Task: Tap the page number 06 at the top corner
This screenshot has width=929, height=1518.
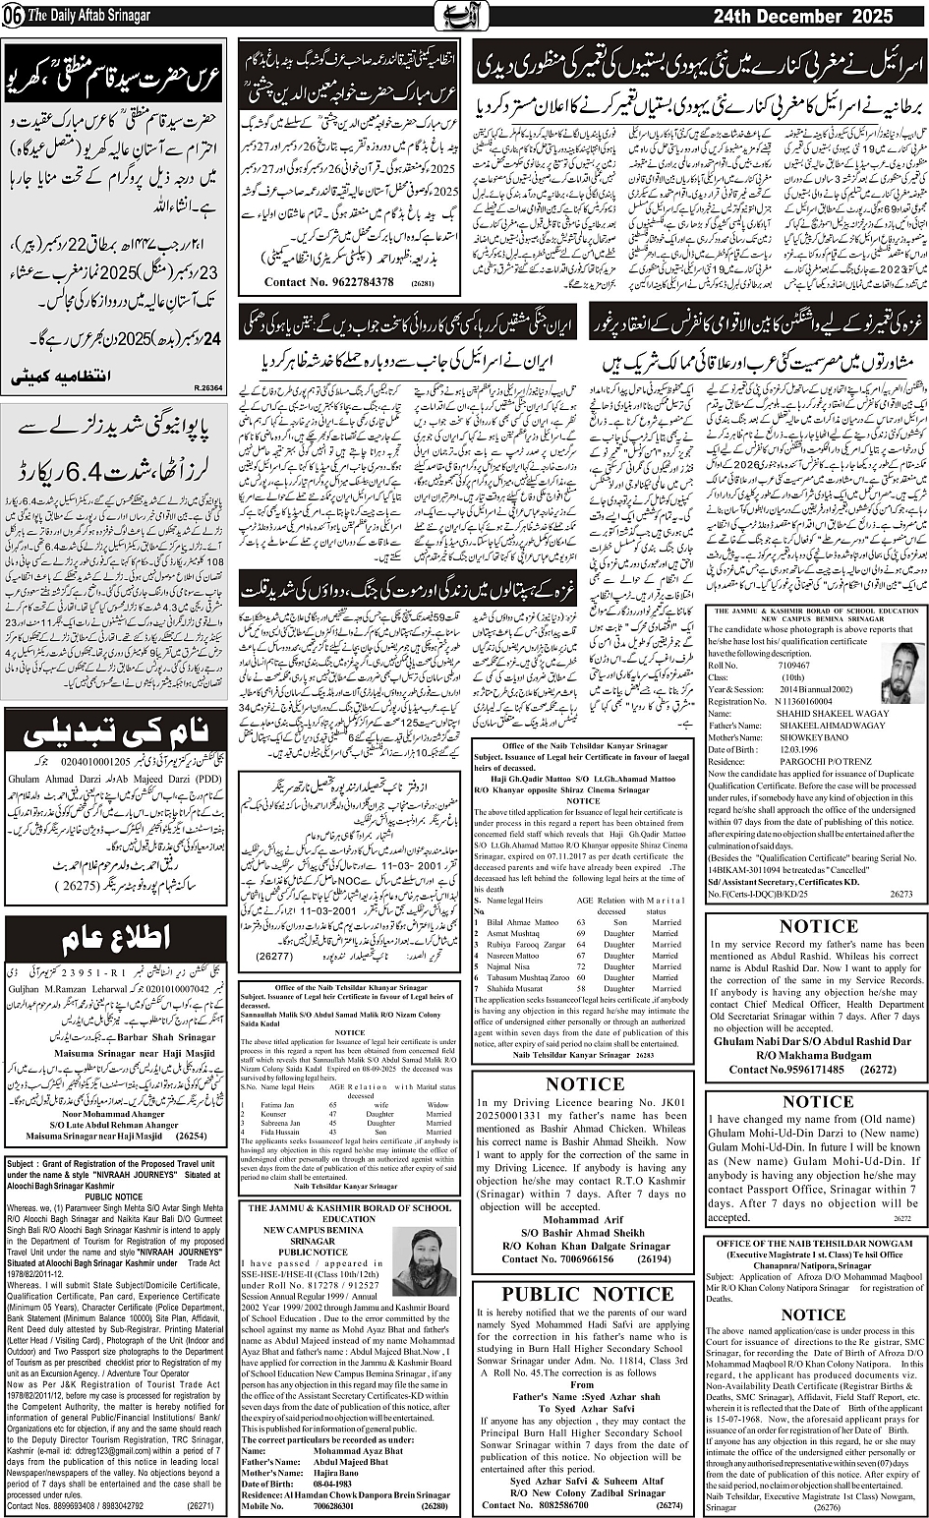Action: (x=11, y=17)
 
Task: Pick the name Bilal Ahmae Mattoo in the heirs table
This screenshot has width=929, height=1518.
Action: (x=526, y=922)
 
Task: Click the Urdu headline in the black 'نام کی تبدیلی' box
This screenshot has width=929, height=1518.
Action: (x=116, y=732)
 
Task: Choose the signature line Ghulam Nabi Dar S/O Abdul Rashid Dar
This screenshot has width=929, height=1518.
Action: (x=812, y=1041)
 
